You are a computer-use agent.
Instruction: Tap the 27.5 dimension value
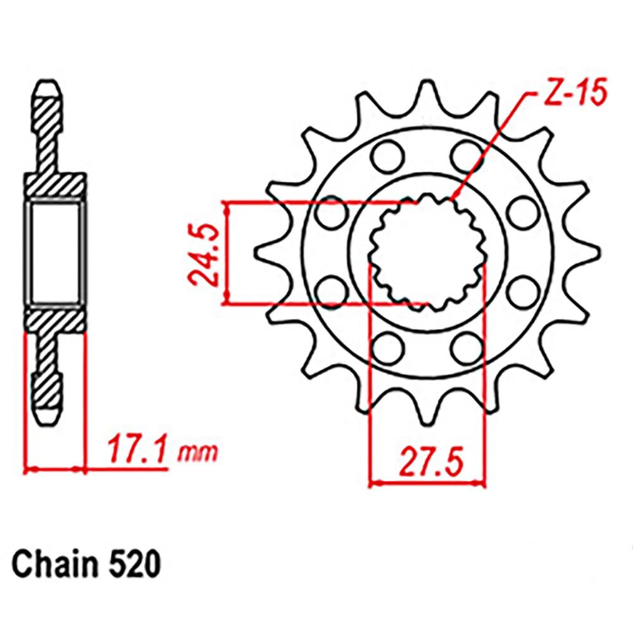tap(427, 461)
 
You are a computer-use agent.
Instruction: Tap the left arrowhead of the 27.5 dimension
tap(372, 484)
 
